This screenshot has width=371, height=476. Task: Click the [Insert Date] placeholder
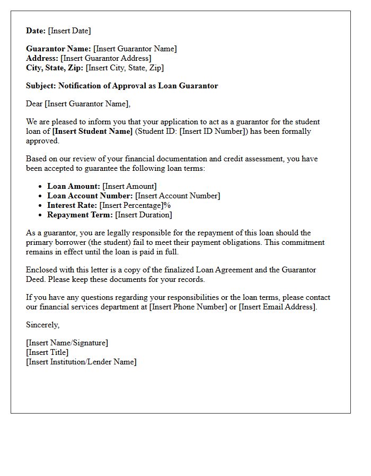(69, 31)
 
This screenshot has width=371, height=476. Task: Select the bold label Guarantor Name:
(58, 49)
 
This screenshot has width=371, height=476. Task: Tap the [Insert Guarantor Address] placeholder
(106, 58)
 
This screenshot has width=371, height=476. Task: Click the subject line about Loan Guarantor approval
(122, 86)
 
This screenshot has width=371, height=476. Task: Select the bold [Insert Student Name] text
(92, 131)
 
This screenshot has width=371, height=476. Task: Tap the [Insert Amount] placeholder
(129, 186)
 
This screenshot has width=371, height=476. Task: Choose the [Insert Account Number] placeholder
(178, 196)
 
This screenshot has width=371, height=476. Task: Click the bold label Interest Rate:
(72, 205)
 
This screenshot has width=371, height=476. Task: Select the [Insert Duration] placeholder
(144, 215)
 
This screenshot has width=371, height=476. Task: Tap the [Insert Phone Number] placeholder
(188, 307)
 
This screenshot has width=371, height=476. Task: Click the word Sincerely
(42, 325)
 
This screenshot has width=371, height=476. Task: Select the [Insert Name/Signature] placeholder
(67, 343)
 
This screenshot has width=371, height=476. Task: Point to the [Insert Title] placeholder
(47, 352)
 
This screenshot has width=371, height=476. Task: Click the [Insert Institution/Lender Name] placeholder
(81, 362)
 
